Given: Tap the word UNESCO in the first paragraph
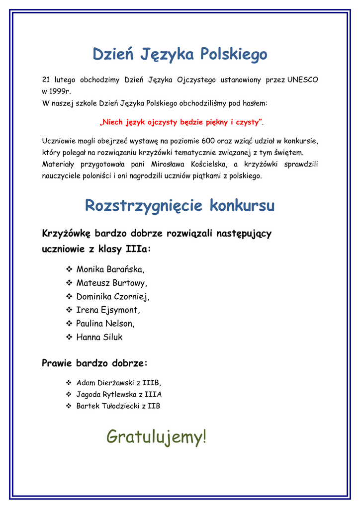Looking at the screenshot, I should click(x=302, y=80).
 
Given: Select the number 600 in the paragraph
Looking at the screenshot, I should click(x=208, y=141).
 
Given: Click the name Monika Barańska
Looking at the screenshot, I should click(x=110, y=270).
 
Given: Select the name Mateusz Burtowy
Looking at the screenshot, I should click(x=111, y=283).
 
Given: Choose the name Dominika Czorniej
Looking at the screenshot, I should click(x=112, y=297).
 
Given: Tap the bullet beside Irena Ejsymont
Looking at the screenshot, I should click(x=69, y=310).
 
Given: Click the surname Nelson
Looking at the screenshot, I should click(x=119, y=324).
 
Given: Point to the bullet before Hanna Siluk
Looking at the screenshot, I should click(x=69, y=337).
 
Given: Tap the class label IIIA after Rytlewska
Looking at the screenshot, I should click(x=153, y=395).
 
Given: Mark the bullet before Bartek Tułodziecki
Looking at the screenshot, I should click(x=69, y=406).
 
